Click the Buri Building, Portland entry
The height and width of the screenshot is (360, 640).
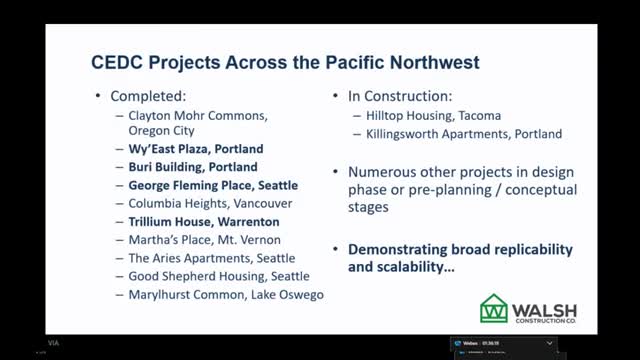(193, 167)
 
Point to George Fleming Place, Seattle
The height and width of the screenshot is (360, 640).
(213, 185)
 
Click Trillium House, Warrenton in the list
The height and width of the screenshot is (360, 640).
(204, 221)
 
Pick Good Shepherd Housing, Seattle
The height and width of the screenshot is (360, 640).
(219, 276)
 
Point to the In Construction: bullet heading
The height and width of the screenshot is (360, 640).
(394, 97)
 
